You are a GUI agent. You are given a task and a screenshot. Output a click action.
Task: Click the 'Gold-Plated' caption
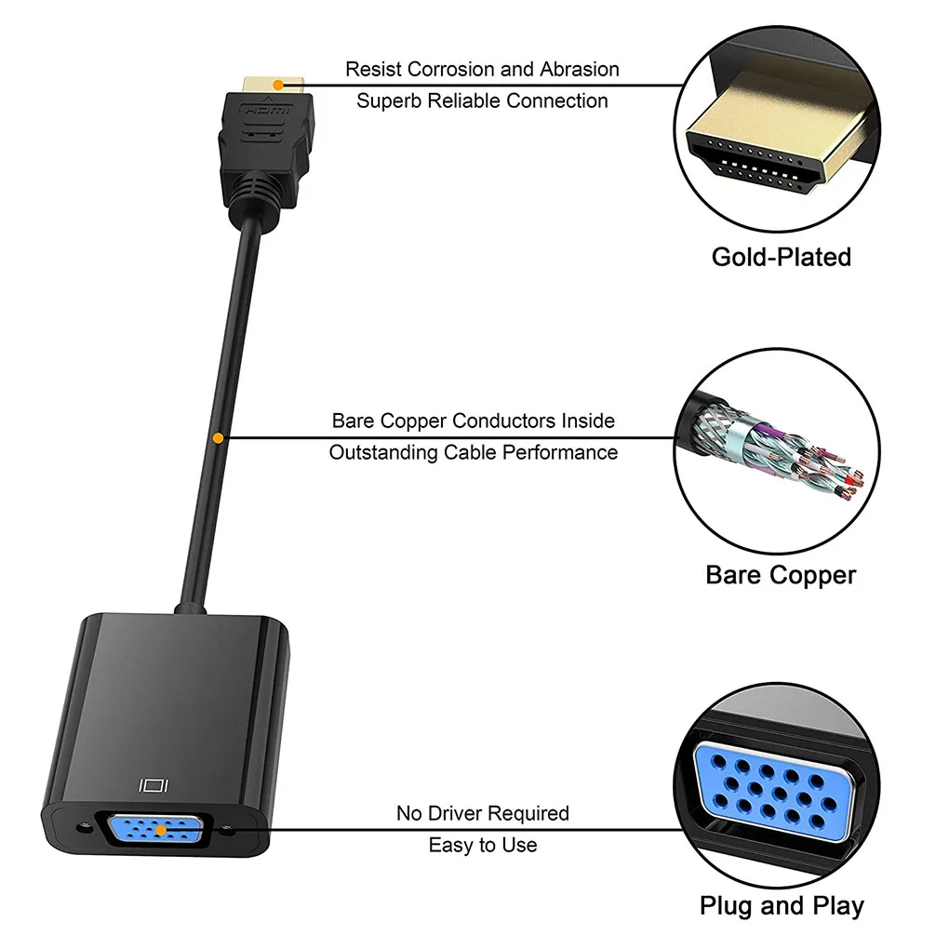[x=781, y=257]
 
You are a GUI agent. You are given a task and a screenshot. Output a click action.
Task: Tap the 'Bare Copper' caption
[x=781, y=575]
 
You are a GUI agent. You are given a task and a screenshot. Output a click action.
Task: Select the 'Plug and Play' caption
[x=782, y=905]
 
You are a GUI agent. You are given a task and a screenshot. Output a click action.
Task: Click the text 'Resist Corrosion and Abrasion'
[x=482, y=69]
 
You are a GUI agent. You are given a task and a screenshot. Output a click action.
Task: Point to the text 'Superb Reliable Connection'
[x=482, y=100]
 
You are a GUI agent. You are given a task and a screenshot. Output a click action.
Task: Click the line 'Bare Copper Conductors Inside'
[x=473, y=421]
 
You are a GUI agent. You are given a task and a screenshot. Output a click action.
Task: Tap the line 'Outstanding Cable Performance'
[x=473, y=452]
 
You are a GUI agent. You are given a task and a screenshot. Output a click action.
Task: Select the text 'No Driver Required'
[x=482, y=813]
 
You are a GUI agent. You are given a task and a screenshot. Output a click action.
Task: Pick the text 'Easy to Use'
[x=482, y=845]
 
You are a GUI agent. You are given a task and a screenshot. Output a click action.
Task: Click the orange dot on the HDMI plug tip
[x=276, y=85]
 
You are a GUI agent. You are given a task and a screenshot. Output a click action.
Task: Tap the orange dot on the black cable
[x=218, y=436]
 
